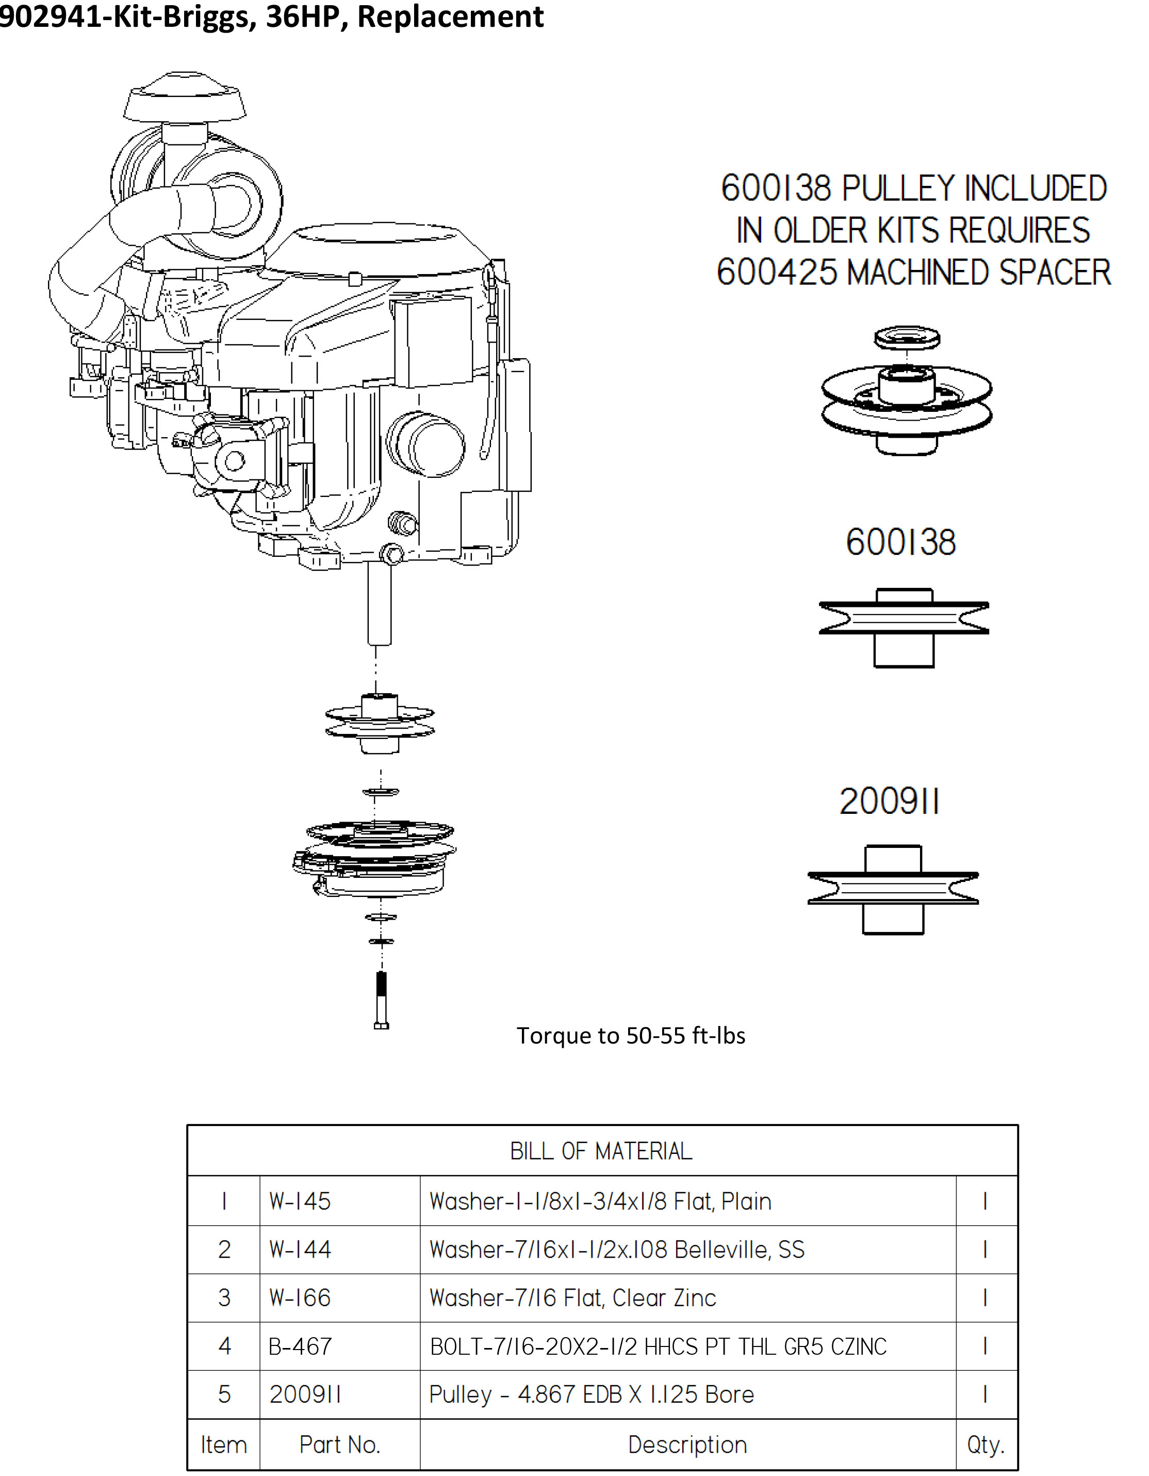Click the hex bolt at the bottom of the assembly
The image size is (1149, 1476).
click(381, 1000)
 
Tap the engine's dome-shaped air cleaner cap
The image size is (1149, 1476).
click(185, 96)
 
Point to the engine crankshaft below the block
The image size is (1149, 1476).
click(379, 604)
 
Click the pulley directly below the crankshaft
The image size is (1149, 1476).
click(380, 723)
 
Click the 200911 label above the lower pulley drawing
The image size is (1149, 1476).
click(889, 802)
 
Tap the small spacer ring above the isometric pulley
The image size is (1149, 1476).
click(907, 338)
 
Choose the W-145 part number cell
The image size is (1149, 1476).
click(300, 1201)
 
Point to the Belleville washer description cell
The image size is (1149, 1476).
click(617, 1249)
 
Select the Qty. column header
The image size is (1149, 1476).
click(986, 1444)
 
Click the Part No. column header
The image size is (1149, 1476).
click(340, 1444)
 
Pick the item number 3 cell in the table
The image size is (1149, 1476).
click(224, 1297)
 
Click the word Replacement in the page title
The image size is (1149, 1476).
click(450, 16)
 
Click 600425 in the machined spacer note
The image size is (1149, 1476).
click(777, 272)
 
